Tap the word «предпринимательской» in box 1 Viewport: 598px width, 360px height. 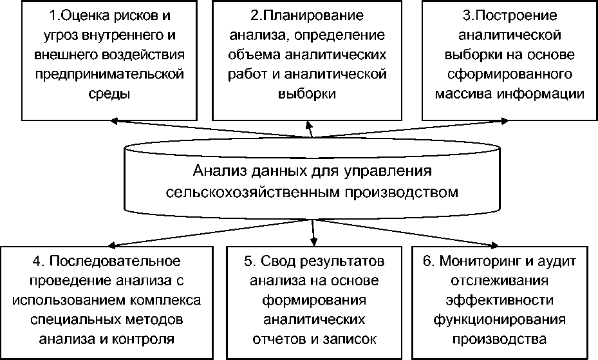point(107,74)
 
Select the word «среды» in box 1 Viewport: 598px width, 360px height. point(107,94)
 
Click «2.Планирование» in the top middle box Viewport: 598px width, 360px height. point(307,14)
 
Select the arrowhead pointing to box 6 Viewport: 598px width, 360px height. point(496,245)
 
